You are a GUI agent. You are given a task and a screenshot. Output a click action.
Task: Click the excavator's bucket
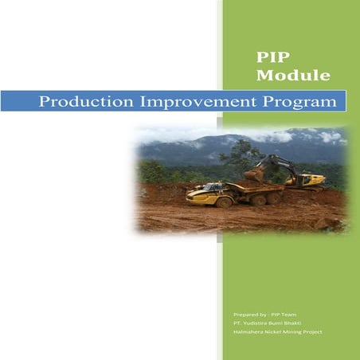[x=254, y=173]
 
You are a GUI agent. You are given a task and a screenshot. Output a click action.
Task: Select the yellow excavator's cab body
[x=307, y=179]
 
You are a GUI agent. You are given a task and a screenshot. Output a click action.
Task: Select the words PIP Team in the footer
[x=284, y=316]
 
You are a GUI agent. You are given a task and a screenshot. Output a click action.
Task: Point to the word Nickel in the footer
[x=276, y=332]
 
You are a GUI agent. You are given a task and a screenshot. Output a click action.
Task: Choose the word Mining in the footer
[x=295, y=332]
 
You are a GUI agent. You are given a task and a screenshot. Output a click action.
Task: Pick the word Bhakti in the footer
[x=295, y=324]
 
